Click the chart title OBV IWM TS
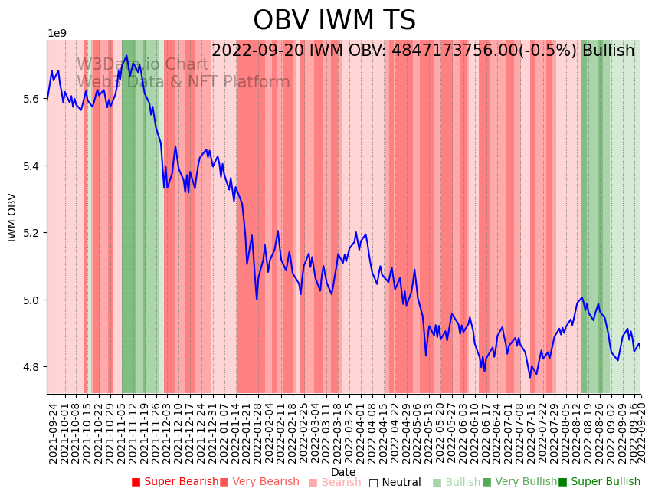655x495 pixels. (334, 21)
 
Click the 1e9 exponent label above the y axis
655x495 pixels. (57, 34)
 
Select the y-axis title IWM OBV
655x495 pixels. (12, 218)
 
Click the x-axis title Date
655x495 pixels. (343, 472)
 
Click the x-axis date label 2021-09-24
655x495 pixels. (53, 430)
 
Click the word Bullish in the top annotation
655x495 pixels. (608, 51)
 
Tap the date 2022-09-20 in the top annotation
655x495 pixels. (257, 51)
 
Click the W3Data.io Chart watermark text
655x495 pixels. (142, 65)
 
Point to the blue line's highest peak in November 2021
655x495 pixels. (126, 56)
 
